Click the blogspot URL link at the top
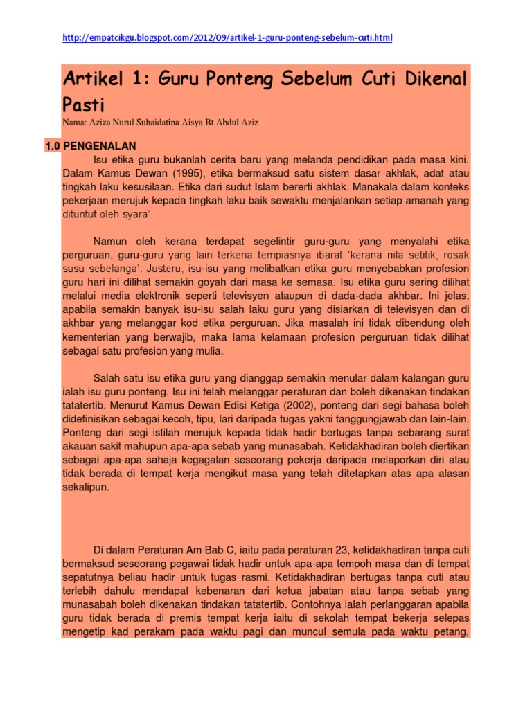click(227, 37)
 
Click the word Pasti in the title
click(83, 105)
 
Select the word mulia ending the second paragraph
click(206, 351)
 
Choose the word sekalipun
click(85, 487)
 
